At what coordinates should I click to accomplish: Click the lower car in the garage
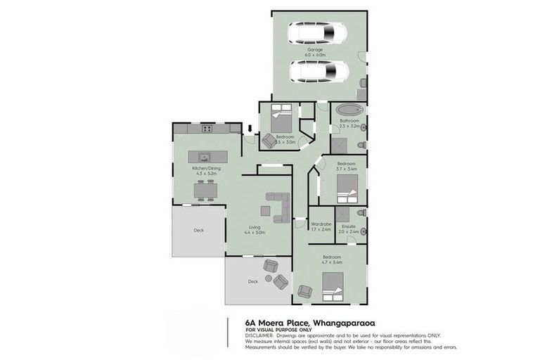(318, 71)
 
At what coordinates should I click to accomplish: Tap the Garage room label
(314, 51)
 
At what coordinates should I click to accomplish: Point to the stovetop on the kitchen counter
(207, 128)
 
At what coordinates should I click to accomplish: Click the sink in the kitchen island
(205, 157)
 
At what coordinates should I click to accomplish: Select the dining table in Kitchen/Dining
(205, 190)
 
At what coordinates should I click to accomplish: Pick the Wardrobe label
(321, 226)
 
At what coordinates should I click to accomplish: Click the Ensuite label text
(349, 226)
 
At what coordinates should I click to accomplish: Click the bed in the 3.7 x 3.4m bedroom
(347, 186)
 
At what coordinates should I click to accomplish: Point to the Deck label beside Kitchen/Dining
(199, 229)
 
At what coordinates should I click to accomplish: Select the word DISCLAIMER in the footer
(259, 335)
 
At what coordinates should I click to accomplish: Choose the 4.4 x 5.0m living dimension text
(255, 232)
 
